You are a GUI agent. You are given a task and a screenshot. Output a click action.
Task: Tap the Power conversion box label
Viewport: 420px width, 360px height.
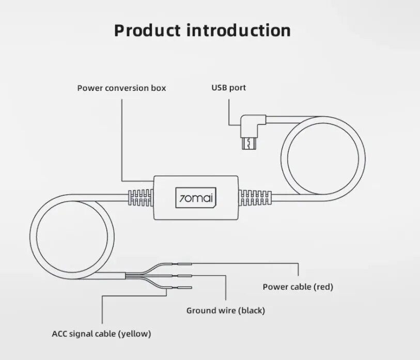121,88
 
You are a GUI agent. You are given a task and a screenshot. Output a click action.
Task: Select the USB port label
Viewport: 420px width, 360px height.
228,88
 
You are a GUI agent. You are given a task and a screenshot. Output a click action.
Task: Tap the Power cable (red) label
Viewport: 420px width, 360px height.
298,287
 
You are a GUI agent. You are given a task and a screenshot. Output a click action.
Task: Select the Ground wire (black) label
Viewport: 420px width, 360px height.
225,310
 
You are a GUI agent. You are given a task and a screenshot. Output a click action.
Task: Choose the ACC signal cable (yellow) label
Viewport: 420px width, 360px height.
101,334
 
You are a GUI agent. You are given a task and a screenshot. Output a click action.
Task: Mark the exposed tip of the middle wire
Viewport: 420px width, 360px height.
184,275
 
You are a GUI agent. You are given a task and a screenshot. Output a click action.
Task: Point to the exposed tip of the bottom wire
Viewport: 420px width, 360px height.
184,288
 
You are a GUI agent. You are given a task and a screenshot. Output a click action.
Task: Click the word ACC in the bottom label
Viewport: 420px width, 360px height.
59,334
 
